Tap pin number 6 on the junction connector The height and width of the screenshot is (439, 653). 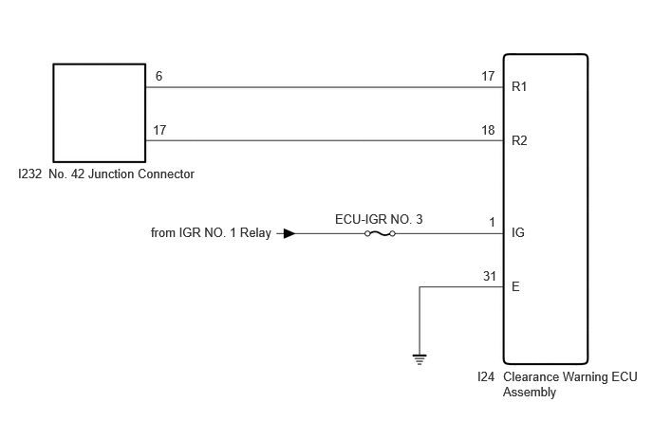pos(159,76)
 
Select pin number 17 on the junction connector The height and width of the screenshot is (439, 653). pos(159,130)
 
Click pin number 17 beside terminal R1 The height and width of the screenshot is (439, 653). pos(488,76)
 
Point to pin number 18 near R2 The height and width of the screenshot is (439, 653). pos(488,130)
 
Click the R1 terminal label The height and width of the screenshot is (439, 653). pos(519,86)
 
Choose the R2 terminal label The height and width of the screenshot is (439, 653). pos(519,140)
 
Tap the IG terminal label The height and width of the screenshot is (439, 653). pos(517,232)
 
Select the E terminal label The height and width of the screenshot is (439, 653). pos(515,286)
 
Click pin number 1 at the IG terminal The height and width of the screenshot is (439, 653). pos(492,222)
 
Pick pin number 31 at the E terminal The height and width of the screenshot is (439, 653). pos(490,276)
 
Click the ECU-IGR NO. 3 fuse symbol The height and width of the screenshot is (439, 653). pos(380,233)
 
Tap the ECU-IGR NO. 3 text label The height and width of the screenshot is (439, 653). pos(379,219)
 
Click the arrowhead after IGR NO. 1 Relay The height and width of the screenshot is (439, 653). pos(289,233)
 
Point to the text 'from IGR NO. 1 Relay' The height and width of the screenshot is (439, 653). pos(211,232)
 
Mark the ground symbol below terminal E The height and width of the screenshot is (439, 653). pos(420,359)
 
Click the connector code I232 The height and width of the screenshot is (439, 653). pos(30,174)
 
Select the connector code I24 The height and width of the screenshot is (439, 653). pos(486,377)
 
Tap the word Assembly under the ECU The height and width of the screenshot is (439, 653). pos(530,393)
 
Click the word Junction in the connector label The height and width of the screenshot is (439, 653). pos(111,174)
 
